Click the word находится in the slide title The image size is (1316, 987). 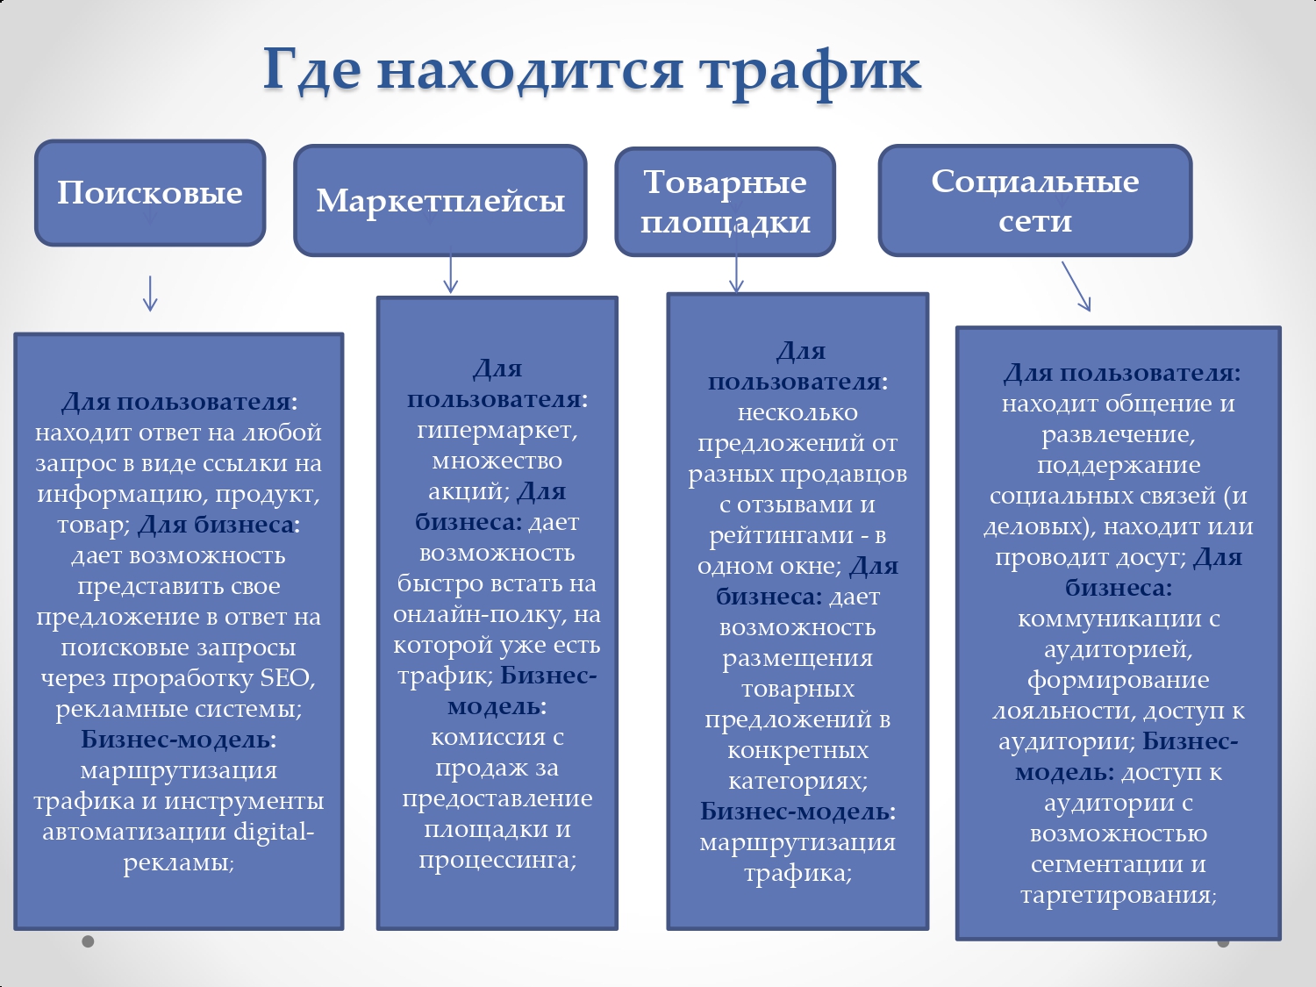tap(530, 71)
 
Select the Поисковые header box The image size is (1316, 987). tap(150, 193)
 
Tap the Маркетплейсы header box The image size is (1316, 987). tap(440, 201)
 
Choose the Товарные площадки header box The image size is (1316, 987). tap(726, 202)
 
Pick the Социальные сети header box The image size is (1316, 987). tap(1035, 201)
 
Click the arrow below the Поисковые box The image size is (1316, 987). tap(150, 294)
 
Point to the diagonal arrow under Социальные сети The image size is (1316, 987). tap(1076, 287)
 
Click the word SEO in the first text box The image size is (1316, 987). tap(285, 678)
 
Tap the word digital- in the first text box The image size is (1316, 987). tap(274, 831)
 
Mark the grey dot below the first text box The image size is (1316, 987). tap(88, 941)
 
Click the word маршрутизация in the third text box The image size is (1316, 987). tap(797, 843)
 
